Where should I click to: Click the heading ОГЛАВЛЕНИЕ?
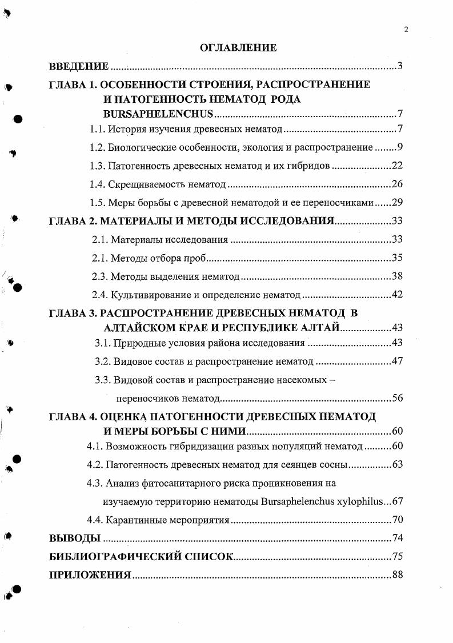[238, 48]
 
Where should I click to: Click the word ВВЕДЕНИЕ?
[79, 67]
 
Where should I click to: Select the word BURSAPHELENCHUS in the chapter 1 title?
[158, 113]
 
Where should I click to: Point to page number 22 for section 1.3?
[397, 166]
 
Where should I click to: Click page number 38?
[397, 276]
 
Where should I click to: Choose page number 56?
[397, 398]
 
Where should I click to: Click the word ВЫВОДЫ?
[75, 538]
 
